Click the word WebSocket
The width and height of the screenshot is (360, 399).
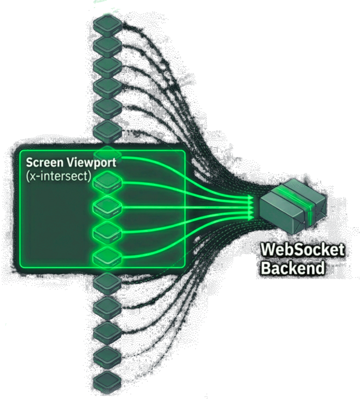pyautogui.click(x=302, y=251)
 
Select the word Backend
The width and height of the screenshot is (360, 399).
pyautogui.click(x=292, y=269)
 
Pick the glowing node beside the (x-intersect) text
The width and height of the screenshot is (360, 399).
pyautogui.click(x=106, y=182)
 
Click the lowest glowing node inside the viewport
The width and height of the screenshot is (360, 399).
pyautogui.click(x=106, y=256)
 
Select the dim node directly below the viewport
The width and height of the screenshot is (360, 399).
pyautogui.click(x=106, y=282)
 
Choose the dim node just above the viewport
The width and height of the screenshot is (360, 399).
pyautogui.click(x=106, y=129)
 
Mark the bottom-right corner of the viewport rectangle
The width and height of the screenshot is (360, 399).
pyautogui.click(x=185, y=267)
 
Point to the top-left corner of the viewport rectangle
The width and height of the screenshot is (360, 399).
pyautogui.click(x=20, y=151)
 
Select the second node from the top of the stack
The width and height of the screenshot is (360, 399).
pyautogui.click(x=106, y=45)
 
